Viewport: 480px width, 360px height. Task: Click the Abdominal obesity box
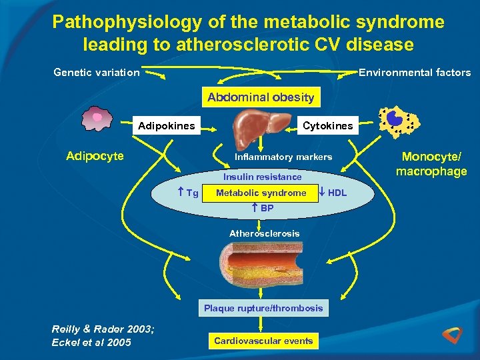point(261,97)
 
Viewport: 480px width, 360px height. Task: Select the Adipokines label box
point(166,125)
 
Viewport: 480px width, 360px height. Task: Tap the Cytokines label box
point(327,125)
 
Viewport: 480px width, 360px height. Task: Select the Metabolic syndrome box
point(261,193)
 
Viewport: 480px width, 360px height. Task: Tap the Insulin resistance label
point(262,177)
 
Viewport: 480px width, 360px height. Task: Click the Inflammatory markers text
point(283,157)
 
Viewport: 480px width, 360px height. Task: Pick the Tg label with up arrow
point(189,193)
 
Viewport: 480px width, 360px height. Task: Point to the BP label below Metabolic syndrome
point(263,209)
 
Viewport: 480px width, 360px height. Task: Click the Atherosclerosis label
point(264,233)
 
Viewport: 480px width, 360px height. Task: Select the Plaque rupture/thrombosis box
point(263,308)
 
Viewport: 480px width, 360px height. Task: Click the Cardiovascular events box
point(263,341)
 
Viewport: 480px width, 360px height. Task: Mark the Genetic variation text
point(97,72)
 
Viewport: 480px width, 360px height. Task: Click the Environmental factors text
point(415,72)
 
